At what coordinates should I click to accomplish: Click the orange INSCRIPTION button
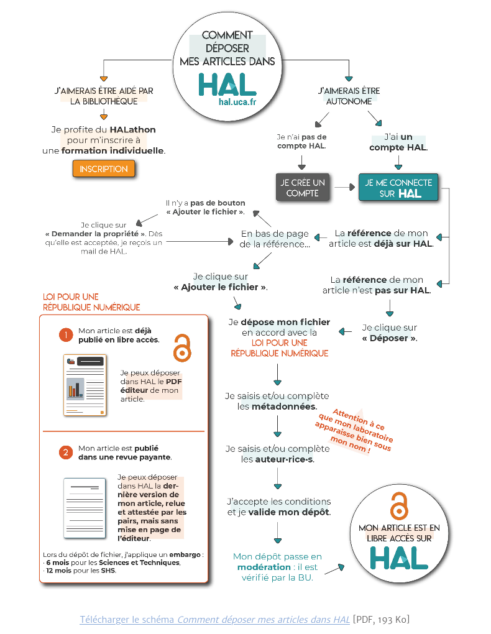[104, 169]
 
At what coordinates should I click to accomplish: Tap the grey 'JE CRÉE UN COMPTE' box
[303, 188]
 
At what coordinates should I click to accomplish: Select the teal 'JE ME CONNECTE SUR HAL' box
[398, 188]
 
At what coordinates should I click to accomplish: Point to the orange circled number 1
[66, 335]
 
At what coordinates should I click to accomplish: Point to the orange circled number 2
[66, 453]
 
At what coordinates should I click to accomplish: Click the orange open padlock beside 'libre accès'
[181, 347]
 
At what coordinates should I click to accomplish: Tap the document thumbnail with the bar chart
[85, 385]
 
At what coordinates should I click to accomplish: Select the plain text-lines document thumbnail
[85, 503]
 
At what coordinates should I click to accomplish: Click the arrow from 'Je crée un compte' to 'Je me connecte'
[342, 186]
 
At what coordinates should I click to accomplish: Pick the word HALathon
[133, 130]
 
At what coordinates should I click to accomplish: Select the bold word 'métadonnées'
[283, 407]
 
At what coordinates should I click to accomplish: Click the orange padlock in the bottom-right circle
[398, 506]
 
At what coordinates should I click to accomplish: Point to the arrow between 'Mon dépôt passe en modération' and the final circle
[335, 568]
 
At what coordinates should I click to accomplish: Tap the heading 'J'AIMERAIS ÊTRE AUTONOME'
[349, 96]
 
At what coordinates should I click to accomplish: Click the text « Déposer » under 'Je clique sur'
[390, 338]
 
